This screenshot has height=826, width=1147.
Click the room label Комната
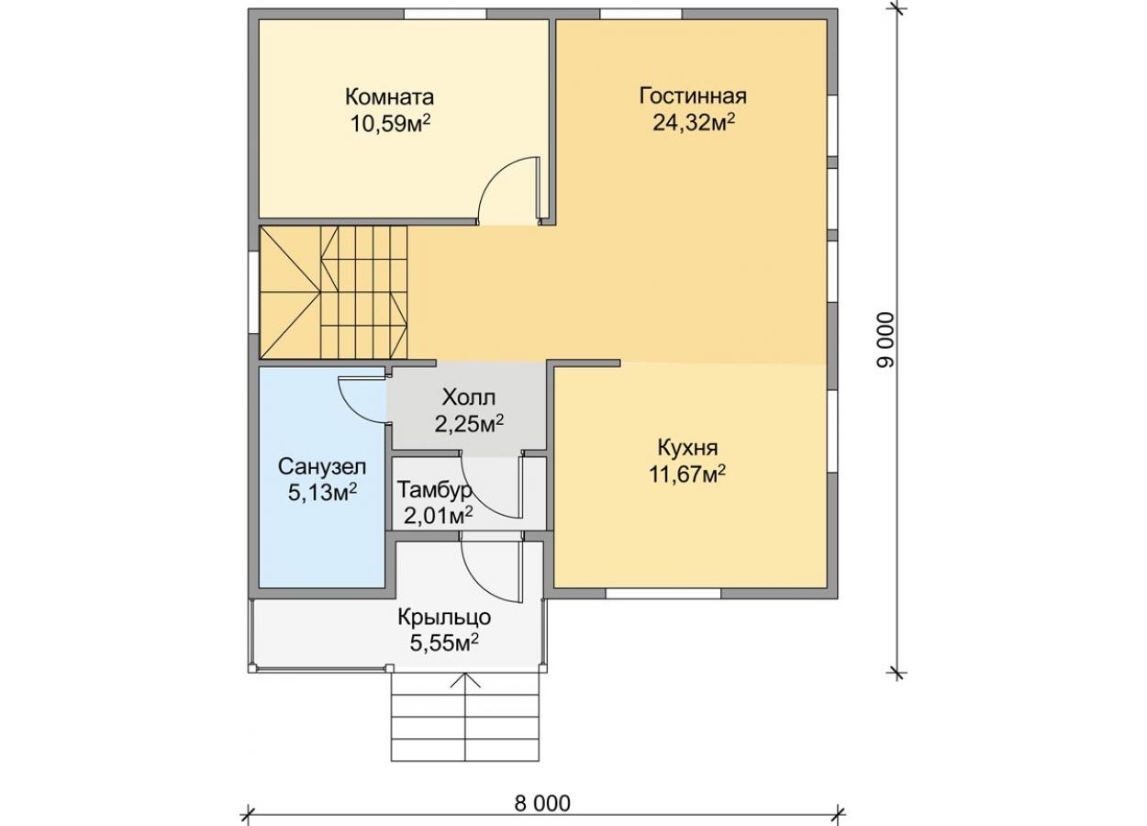pyautogui.click(x=390, y=96)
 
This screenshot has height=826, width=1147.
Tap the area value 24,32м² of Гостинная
pyautogui.click(x=694, y=123)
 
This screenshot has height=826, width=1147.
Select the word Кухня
pyautogui.click(x=687, y=448)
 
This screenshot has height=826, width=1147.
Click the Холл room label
pyautogui.click(x=469, y=396)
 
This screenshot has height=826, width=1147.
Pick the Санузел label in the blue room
pyautogui.click(x=322, y=466)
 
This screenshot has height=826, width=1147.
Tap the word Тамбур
pyautogui.click(x=435, y=490)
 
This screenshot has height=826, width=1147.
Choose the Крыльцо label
pyautogui.click(x=444, y=617)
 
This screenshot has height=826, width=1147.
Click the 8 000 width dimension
pyautogui.click(x=542, y=803)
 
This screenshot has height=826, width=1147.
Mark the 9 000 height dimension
pyautogui.click(x=886, y=340)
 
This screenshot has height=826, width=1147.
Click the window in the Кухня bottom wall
pyautogui.click(x=663, y=594)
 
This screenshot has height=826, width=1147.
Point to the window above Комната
pyautogui.click(x=445, y=14)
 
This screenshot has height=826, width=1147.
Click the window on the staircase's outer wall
pyautogui.click(x=253, y=293)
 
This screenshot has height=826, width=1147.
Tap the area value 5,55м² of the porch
pyautogui.click(x=444, y=643)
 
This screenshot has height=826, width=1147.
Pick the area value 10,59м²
pyautogui.click(x=390, y=123)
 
